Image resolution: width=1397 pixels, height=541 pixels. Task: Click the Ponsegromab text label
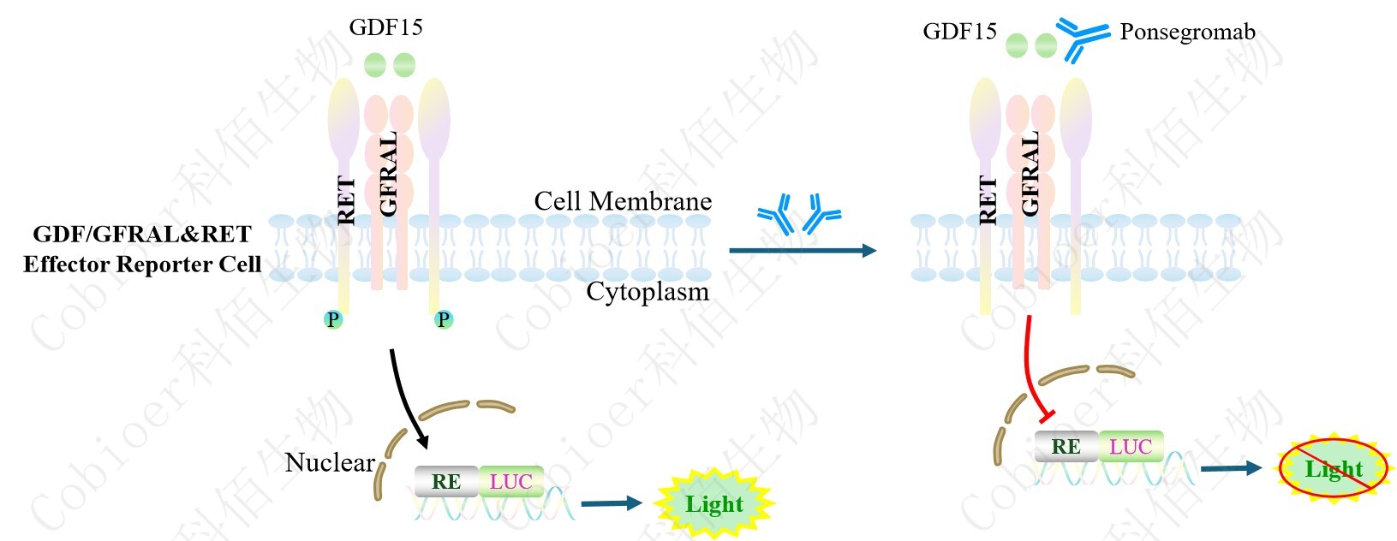pos(1187,33)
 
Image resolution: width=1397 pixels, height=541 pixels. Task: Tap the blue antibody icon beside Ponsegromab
pos(1080,38)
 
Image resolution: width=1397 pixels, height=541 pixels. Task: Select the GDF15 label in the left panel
pos(385,27)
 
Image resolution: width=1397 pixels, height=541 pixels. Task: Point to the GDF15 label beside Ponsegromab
pos(959,33)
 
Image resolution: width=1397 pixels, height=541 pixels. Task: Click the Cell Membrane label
pos(623,201)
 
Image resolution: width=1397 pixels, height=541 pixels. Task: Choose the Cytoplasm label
pos(648,292)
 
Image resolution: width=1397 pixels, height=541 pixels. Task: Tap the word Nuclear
pos(330,463)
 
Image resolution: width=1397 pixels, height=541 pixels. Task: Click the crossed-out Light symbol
pos(1333,468)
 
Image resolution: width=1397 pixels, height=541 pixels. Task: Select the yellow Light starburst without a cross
pos(713,503)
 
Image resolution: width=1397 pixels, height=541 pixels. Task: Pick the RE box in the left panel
pos(445,482)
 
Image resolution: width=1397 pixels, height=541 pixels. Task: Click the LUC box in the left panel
pos(511,482)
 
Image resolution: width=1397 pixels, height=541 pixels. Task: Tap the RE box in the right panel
pos(1066,446)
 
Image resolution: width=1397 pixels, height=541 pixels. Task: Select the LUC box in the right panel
pos(1131,446)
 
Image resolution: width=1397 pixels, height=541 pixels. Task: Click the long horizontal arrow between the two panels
pos(802,251)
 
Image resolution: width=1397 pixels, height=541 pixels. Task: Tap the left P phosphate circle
pos(333,320)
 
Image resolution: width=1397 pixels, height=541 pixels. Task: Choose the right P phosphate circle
pos(443,320)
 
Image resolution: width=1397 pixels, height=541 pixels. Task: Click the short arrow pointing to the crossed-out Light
pos(1231,468)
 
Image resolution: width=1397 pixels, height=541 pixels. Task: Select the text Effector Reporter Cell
pos(142,265)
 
